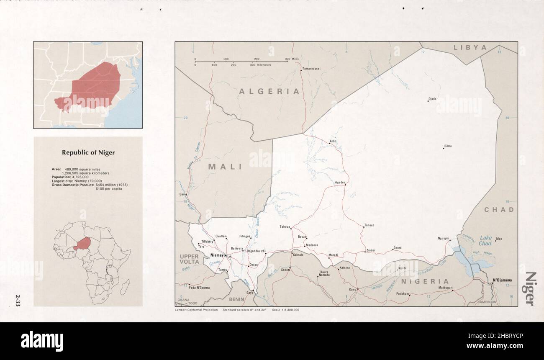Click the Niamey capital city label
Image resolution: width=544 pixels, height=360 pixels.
coord(217,255)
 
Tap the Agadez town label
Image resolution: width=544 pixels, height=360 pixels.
coord(339,183)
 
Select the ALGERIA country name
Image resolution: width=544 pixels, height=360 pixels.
coord(269,91)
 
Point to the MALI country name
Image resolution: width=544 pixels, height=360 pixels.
coord(225,167)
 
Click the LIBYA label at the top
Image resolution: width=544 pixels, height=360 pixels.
coord(470,48)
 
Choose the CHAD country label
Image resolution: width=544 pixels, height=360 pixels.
coord(499,209)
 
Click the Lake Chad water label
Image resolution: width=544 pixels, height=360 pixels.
coord(485,240)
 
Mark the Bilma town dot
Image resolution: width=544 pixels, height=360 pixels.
coord(444,148)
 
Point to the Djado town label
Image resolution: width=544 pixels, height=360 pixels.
coord(432,99)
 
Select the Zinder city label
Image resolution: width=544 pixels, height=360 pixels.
coord(371,250)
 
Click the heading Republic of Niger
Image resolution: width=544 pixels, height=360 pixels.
coord(88,153)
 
